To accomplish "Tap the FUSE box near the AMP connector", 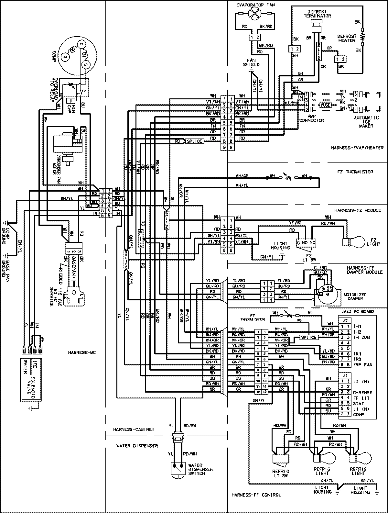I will coord(325,105).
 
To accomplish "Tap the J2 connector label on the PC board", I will coord(345,321).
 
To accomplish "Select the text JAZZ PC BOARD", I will coord(357,311).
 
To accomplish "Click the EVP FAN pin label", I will coord(363,365).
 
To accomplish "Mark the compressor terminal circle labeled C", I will coord(81,44).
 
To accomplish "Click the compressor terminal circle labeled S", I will coord(86,64).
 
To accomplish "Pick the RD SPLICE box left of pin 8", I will coord(194,141).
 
